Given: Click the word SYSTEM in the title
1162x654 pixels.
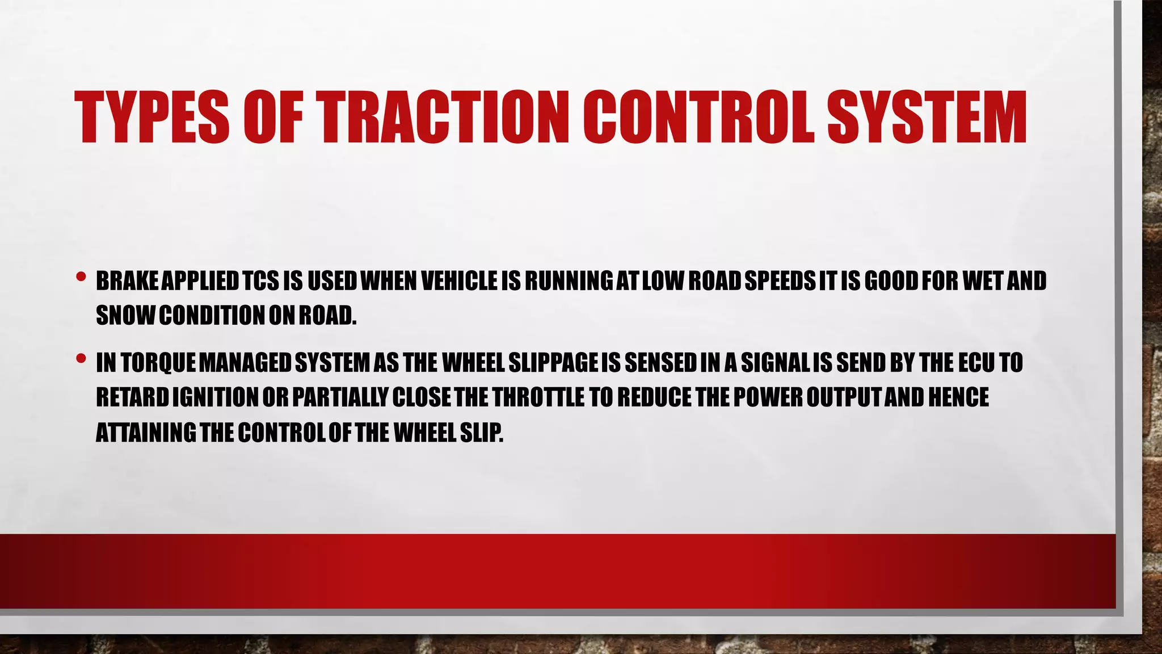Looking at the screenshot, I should click(927, 118).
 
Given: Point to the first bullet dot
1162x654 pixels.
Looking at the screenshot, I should click(81, 278).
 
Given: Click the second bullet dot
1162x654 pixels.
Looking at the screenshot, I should click(81, 359).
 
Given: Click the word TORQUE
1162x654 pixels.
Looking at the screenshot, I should click(159, 363).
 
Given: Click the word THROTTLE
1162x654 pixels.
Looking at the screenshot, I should click(538, 398).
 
